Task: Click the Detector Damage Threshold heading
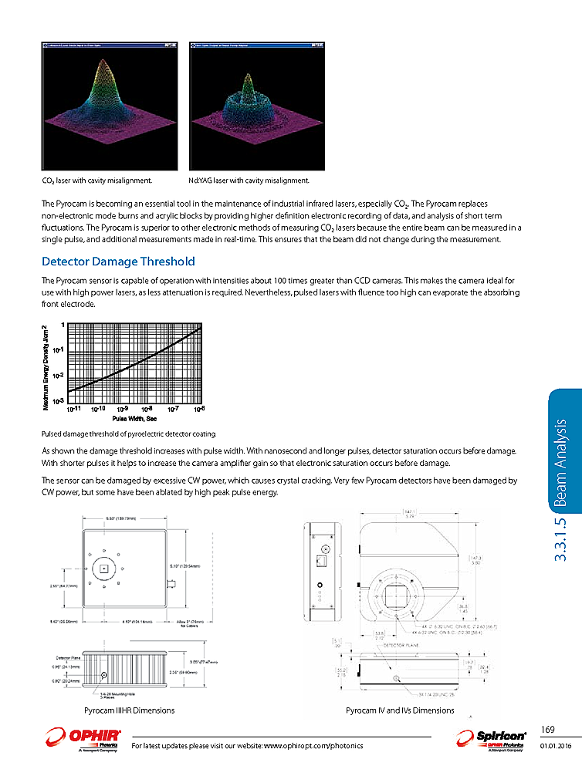tap(117, 261)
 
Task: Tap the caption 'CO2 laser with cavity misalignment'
tap(96, 181)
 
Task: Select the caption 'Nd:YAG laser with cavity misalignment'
tap(249, 181)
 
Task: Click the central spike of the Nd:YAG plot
tap(247, 77)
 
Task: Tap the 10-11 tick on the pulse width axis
tap(74, 409)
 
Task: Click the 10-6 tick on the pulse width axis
tap(199, 409)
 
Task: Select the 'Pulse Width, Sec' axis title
tap(134, 418)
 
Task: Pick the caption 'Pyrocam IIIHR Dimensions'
tap(128, 710)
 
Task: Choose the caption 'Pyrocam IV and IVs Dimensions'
tap(400, 710)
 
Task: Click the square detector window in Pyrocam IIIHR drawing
tap(103, 569)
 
